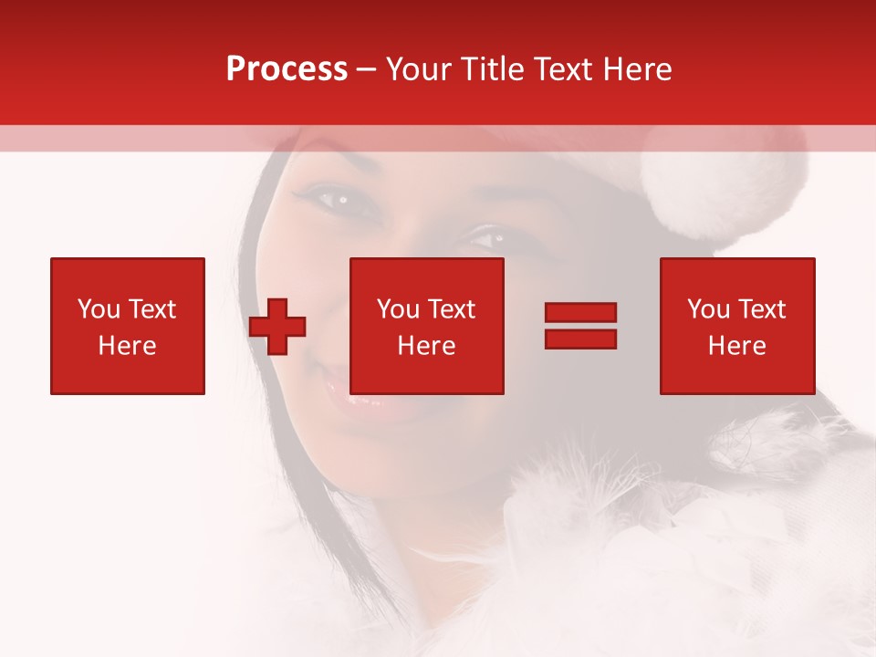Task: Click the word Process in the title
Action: [x=287, y=69]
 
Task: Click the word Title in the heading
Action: [x=488, y=69]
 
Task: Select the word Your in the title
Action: [x=418, y=69]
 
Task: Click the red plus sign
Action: [x=277, y=327]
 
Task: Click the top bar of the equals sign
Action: [x=580, y=313]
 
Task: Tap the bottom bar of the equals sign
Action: [x=580, y=339]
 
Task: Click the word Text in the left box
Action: [x=152, y=309]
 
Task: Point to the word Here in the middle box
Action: [x=427, y=346]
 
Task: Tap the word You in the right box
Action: [x=708, y=309]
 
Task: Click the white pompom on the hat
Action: [x=721, y=182]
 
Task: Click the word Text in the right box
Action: [x=762, y=309]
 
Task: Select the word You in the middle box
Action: [x=398, y=309]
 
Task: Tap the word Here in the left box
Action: [x=128, y=346]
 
